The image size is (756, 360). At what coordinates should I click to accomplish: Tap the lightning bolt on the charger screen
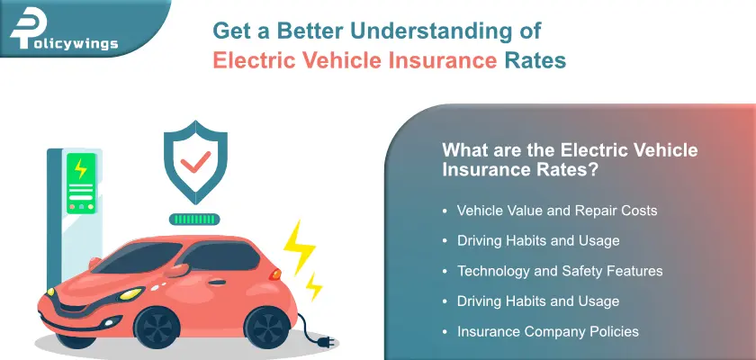click(x=81, y=168)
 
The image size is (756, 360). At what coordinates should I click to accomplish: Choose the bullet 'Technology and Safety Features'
click(x=560, y=271)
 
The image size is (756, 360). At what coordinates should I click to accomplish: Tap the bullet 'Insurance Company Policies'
click(x=547, y=331)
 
